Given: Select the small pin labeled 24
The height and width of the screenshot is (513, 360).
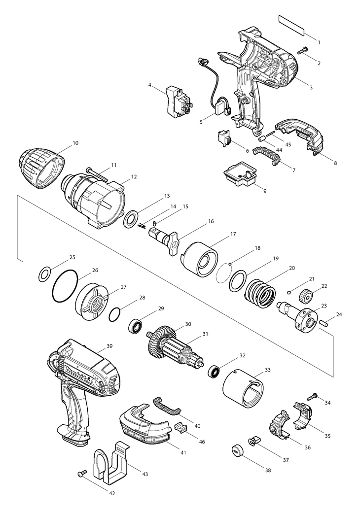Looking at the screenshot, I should pos(324,323).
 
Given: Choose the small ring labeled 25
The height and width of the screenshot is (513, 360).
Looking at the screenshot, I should pos(44,272).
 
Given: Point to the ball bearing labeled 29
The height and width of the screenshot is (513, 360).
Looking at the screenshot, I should pos(136,326).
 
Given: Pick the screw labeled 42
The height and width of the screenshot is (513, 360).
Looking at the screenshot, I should pos(82,474).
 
